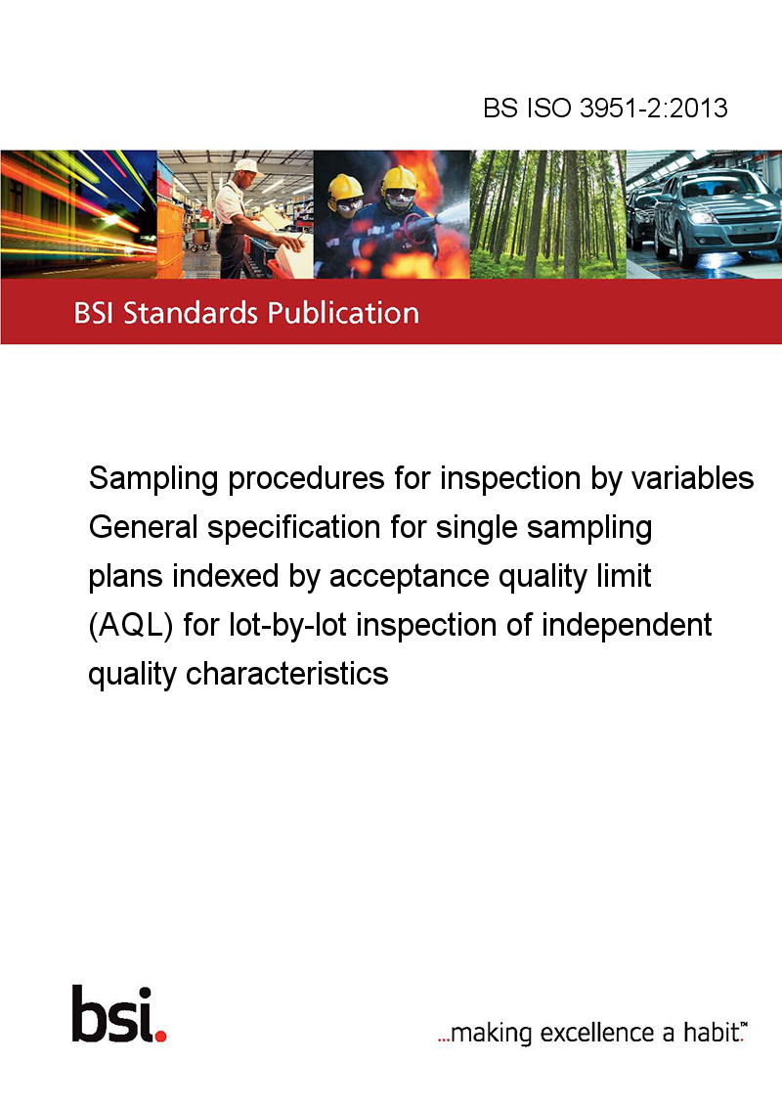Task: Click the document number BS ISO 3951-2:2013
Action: (605, 108)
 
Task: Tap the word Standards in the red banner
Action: (191, 313)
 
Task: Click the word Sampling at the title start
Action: (153, 479)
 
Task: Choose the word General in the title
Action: (144, 527)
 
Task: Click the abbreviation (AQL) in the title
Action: (131, 626)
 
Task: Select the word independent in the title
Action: (626, 626)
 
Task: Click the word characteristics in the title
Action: (286, 674)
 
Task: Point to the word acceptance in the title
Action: (409, 576)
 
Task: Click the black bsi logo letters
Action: (112, 1013)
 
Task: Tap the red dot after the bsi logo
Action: (160, 1036)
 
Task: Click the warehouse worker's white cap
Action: (246, 166)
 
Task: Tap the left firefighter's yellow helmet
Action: (345, 186)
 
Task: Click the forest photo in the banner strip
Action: (547, 214)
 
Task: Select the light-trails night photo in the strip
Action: (78, 214)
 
